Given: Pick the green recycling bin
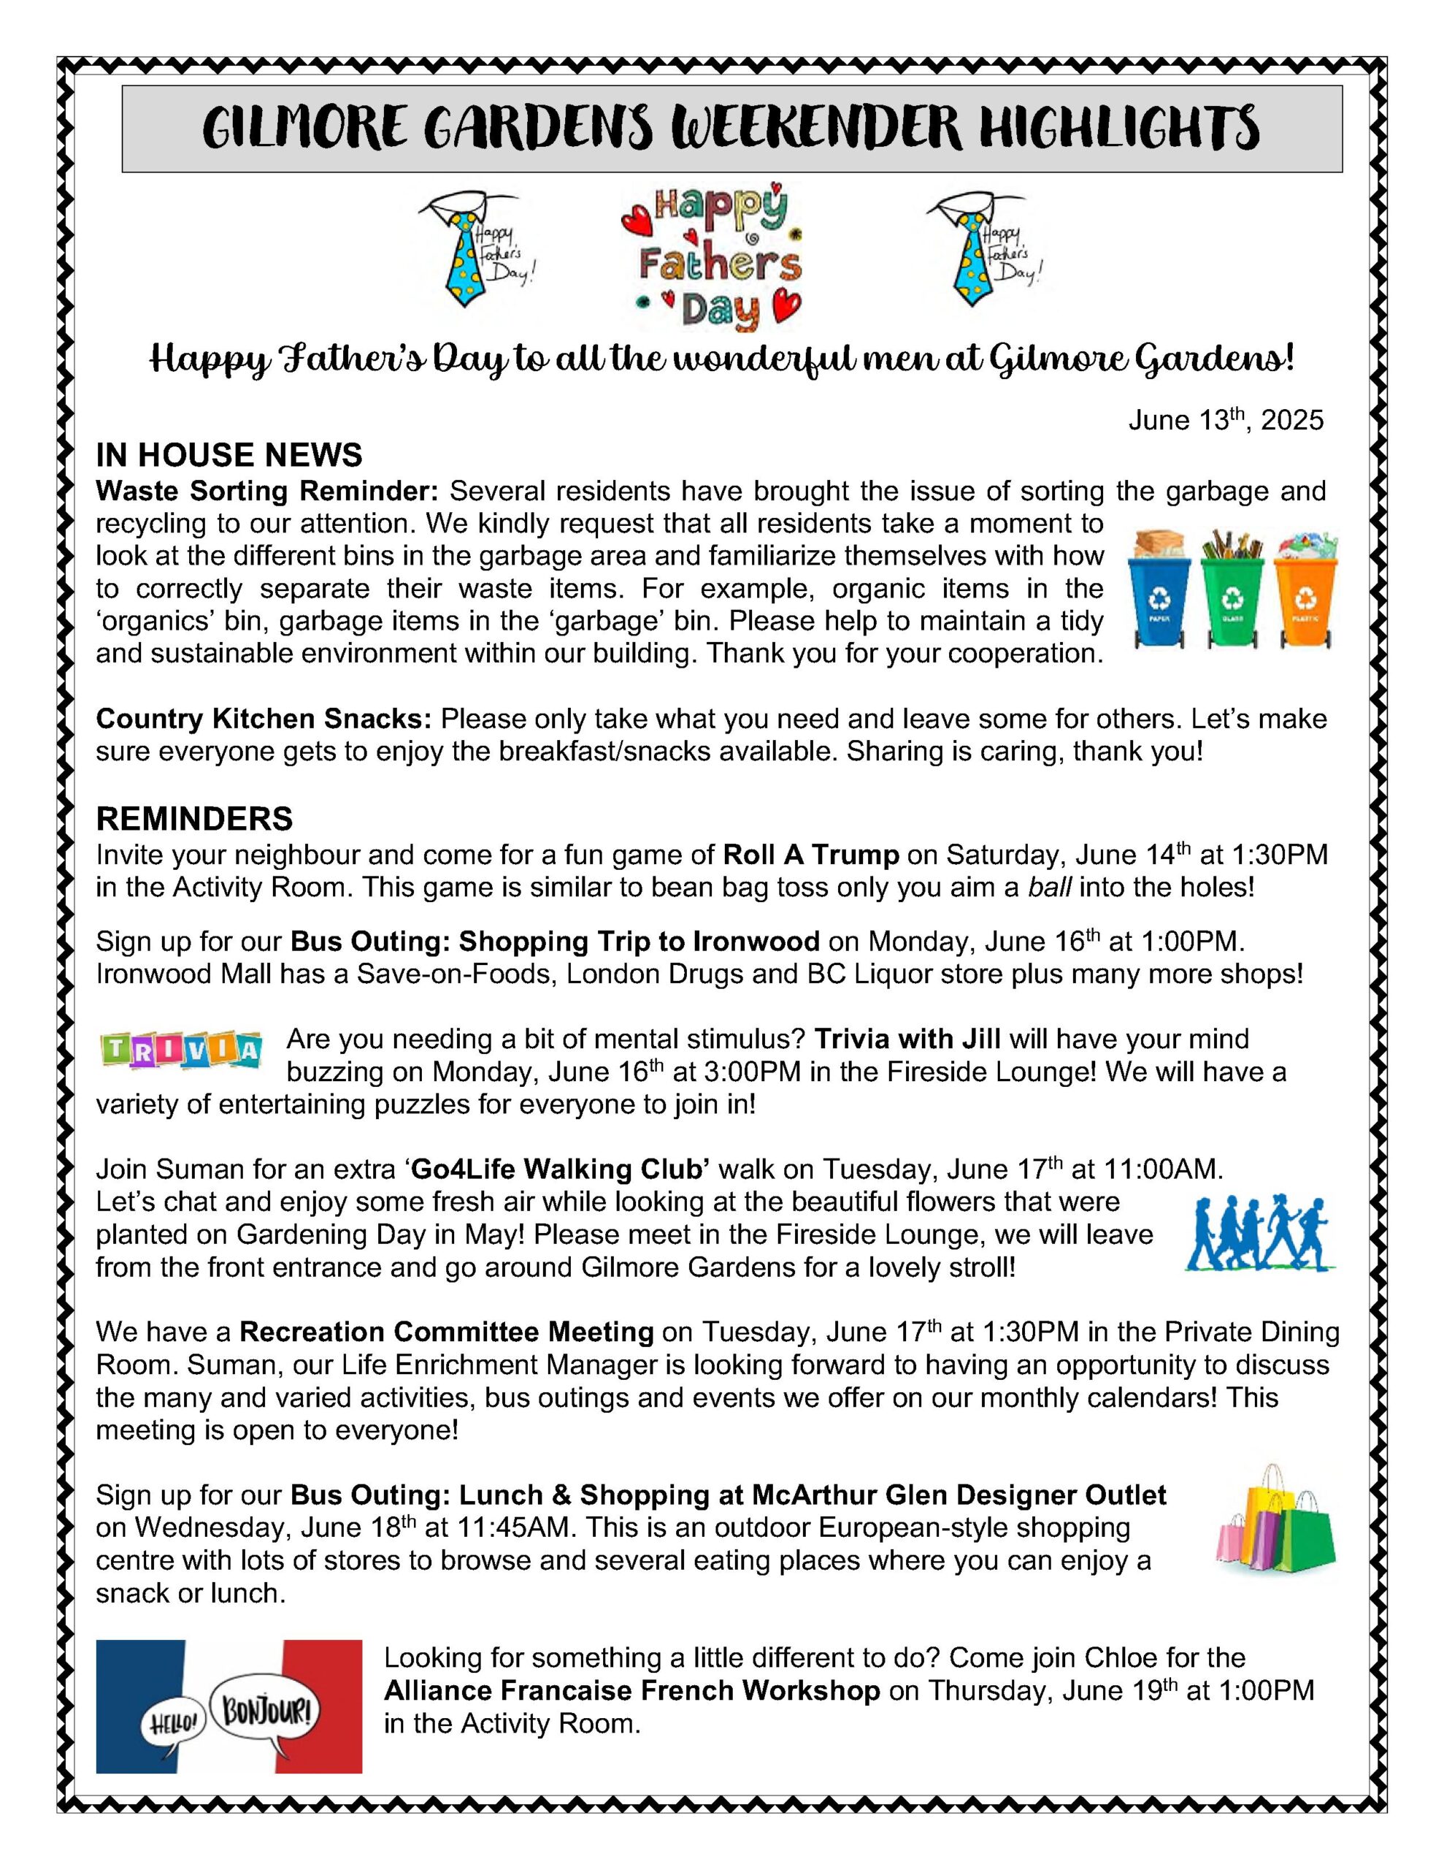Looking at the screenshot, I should coord(1232,591).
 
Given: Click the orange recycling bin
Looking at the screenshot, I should coord(1304,591).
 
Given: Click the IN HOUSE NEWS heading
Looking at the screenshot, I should coord(228,454).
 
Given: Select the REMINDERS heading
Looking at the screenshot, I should coord(194,819).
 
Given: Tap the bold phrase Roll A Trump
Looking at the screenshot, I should coord(810,855).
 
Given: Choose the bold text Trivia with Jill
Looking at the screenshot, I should coord(907,1039).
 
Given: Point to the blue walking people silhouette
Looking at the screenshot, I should coord(1259,1233).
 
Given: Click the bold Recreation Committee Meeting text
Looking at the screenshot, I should coord(446,1332).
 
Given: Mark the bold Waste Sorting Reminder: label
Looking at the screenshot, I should coord(267,491).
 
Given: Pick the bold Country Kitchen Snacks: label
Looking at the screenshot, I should coord(264,718).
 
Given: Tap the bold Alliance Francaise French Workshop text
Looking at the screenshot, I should coord(631,1691).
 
